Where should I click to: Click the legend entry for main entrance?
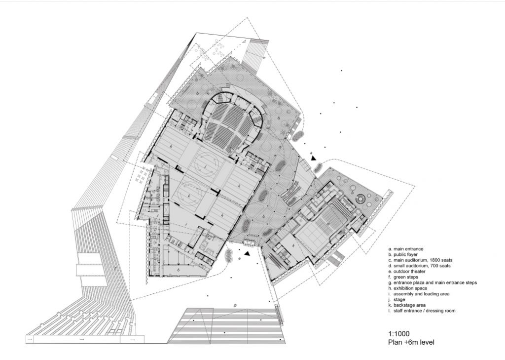click(x=406, y=249)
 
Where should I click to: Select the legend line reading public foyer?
click(x=403, y=254)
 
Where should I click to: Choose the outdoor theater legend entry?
click(x=407, y=271)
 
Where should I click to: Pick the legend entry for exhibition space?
click(x=408, y=288)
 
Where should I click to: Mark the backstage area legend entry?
click(x=407, y=305)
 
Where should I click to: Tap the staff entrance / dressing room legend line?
click(x=422, y=311)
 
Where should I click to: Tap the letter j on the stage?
click(x=206, y=167)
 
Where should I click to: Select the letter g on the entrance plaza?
click(x=235, y=305)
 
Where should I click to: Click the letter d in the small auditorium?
click(x=328, y=223)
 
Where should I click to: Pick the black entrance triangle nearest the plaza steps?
click(x=247, y=254)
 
